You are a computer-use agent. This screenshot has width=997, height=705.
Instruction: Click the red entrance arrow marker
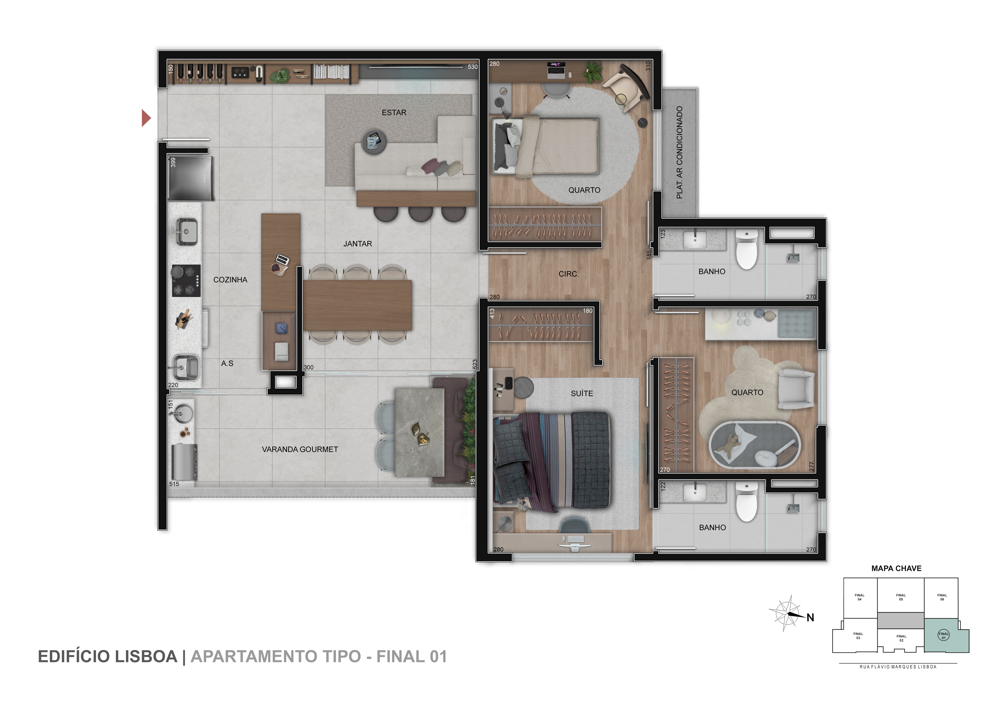point(146,118)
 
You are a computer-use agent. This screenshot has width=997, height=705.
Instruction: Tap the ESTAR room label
point(394,112)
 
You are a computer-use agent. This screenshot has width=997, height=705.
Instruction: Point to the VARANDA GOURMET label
point(300,449)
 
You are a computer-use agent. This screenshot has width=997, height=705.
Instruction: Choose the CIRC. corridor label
point(568,274)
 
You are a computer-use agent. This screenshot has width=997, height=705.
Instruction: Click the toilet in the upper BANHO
point(746,250)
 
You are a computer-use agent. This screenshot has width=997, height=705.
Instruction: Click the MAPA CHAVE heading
point(896,568)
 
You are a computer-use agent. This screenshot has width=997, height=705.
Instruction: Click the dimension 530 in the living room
point(472,67)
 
